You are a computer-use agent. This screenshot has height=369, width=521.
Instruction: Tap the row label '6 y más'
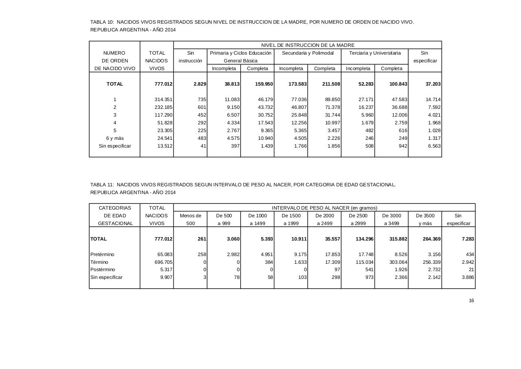pyautogui.click(x=115, y=138)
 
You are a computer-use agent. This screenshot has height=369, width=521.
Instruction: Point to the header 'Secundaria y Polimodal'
pyautogui.click(x=308, y=53)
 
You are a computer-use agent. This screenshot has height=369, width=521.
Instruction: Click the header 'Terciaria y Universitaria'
pyautogui.click(x=375, y=53)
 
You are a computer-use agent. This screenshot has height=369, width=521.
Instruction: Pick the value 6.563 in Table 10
pyautogui.click(x=434, y=146)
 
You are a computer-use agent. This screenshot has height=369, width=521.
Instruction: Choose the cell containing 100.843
pyautogui.click(x=397, y=84)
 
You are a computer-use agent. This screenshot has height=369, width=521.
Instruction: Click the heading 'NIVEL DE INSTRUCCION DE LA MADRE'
pyautogui.click(x=308, y=45)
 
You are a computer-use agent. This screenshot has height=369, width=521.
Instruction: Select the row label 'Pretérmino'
pyautogui.click(x=102, y=254)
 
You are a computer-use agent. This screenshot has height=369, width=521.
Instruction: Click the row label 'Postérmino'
pyautogui.click(x=103, y=270)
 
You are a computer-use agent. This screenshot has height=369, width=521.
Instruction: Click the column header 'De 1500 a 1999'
pyautogui.click(x=291, y=219)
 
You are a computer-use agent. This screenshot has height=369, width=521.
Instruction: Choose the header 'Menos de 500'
pyautogui.click(x=190, y=219)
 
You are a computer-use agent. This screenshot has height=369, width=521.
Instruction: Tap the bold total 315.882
pyautogui.click(x=397, y=239)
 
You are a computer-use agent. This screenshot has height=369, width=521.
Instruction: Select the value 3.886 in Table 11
pyautogui.click(x=468, y=277)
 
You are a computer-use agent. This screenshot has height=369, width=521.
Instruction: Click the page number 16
pyautogui.click(x=471, y=301)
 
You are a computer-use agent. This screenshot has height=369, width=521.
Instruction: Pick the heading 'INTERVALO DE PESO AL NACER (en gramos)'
pyautogui.click(x=324, y=208)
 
